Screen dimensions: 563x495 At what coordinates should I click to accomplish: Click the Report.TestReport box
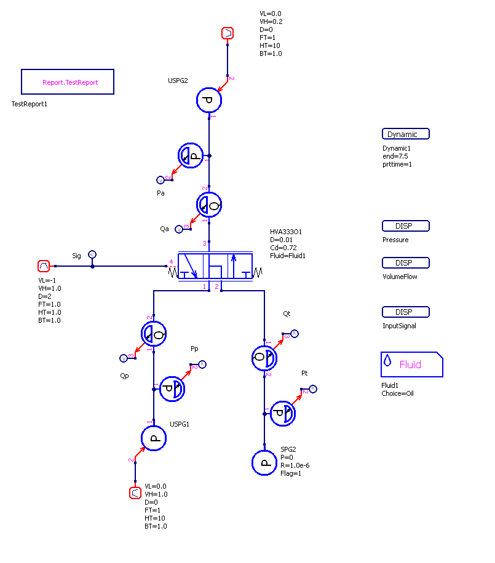(68, 82)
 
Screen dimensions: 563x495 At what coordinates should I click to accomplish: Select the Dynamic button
(405, 134)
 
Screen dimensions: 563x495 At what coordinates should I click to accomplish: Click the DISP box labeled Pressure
(405, 226)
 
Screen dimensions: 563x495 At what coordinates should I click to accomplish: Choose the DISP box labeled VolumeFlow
(405, 263)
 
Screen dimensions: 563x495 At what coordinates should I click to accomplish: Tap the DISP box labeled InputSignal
(405, 312)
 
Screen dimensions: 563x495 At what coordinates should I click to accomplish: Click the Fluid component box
(411, 364)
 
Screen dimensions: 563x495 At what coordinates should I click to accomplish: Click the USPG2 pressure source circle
(209, 100)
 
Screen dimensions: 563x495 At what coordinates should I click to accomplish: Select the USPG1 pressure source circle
(154, 438)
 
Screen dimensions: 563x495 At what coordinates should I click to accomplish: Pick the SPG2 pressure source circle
(264, 463)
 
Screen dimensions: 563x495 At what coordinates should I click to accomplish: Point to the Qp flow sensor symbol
(154, 334)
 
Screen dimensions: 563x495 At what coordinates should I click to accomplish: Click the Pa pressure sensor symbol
(191, 156)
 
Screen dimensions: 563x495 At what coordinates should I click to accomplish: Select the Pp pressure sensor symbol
(172, 388)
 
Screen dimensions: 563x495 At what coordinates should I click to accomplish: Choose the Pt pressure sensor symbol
(283, 414)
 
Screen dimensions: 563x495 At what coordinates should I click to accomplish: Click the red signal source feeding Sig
(44, 266)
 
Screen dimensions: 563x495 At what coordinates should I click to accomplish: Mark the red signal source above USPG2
(227, 33)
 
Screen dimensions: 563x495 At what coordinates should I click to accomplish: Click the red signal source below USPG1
(135, 492)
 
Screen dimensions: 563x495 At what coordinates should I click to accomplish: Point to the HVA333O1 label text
(286, 232)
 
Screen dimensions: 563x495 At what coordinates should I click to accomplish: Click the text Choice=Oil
(397, 393)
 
